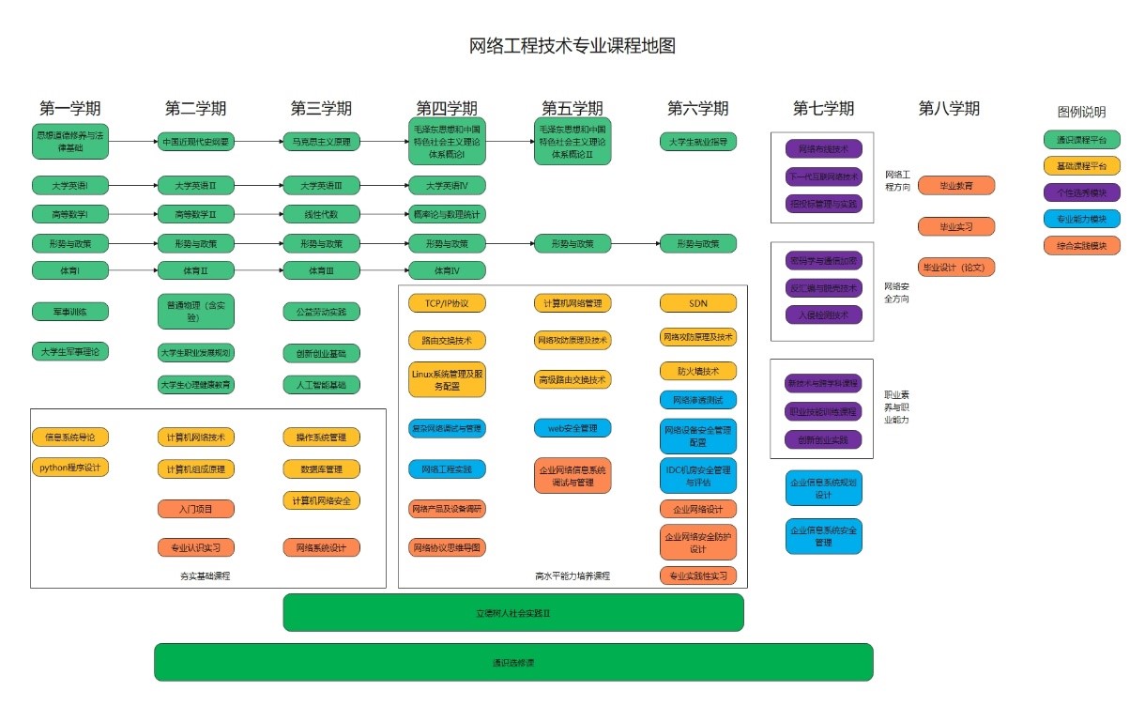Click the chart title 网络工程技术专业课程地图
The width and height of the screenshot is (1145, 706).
point(572,46)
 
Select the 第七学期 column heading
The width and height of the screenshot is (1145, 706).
point(823,109)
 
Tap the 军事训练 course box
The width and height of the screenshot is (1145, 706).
point(70,311)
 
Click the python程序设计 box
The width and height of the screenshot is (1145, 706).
point(70,467)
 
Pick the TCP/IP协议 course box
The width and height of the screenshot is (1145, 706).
point(447,303)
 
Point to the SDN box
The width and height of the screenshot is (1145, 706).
point(697,303)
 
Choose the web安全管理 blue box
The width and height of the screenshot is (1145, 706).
point(572,428)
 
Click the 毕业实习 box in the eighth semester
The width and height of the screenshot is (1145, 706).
point(955,226)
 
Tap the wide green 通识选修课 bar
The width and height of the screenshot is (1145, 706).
point(513,662)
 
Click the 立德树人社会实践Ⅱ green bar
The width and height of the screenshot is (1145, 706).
point(513,612)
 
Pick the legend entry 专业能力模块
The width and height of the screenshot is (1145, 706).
point(1081,219)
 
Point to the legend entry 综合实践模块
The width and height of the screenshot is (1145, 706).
point(1081,246)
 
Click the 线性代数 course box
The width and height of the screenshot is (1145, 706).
point(321,213)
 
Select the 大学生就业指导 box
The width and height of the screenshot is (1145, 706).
point(697,142)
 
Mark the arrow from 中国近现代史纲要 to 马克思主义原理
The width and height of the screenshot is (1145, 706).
point(258,142)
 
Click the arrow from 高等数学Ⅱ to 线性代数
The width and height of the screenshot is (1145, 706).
point(258,213)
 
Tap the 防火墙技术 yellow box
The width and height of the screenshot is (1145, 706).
point(697,371)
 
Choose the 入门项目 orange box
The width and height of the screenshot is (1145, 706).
point(195,509)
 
